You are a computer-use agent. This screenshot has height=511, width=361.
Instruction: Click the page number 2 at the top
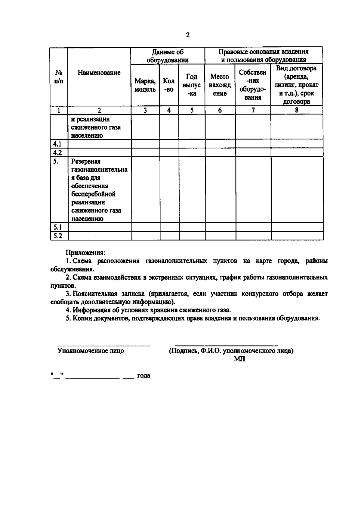coord(188,35)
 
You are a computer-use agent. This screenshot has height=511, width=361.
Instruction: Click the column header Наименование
coord(99,73)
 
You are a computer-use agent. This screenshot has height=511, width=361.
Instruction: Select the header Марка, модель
coord(145,85)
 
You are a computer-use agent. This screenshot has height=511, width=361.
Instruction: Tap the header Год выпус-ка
coord(192,85)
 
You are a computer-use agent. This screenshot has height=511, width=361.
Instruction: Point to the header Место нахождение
coord(220,85)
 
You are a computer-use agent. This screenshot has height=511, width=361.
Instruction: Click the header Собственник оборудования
coord(253,85)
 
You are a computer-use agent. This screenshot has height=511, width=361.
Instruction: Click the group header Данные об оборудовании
coord(168,56)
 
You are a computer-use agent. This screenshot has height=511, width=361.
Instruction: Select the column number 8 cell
coord(296,111)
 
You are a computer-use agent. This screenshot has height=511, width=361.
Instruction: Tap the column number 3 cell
coord(145,111)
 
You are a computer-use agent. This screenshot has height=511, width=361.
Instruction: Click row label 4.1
coord(57,144)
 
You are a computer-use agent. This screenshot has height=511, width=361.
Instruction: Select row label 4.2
coord(57,152)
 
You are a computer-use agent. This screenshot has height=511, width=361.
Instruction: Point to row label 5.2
coord(57,236)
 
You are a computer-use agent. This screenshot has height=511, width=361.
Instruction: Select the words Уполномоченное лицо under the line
coord(91,351)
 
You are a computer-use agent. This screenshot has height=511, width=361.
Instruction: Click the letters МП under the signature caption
coord(239,359)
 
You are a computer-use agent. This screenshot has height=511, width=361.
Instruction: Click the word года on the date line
coord(143,376)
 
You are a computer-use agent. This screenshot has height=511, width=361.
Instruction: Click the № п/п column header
coord(59,77)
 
